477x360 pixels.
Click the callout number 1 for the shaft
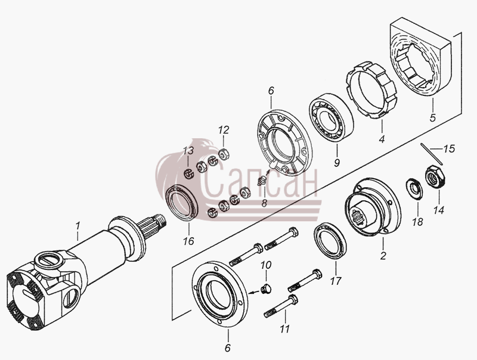pos(78,226)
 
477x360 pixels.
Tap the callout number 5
pos(433,117)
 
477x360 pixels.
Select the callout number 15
pos(449,148)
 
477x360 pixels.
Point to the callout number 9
pos(337,162)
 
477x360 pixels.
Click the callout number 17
pos(336,281)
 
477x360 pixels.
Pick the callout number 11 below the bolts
pos(285,328)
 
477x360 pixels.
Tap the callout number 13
pos(188,150)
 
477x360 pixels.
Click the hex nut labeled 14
pos(435,177)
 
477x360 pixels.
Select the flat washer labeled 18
pos(414,189)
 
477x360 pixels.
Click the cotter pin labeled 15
pos(432,154)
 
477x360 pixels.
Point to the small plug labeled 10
pos(266,288)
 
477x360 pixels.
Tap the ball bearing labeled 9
pos(332,118)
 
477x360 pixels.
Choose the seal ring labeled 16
pos(182,202)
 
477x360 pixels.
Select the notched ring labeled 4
pos(371,91)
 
